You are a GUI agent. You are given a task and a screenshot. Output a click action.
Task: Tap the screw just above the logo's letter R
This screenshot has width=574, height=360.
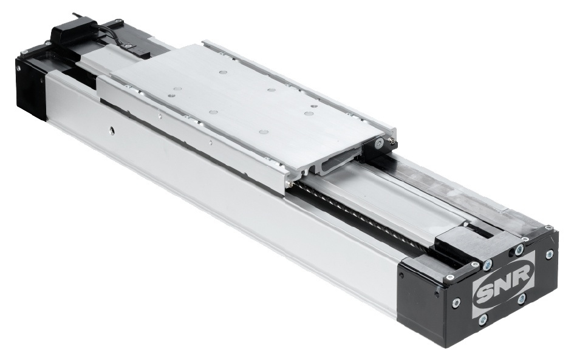coord(519,250)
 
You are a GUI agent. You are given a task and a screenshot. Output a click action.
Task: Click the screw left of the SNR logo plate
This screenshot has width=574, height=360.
coord(456,302)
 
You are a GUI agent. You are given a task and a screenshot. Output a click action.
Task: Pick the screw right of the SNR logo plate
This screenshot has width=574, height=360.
coord(549,254)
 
